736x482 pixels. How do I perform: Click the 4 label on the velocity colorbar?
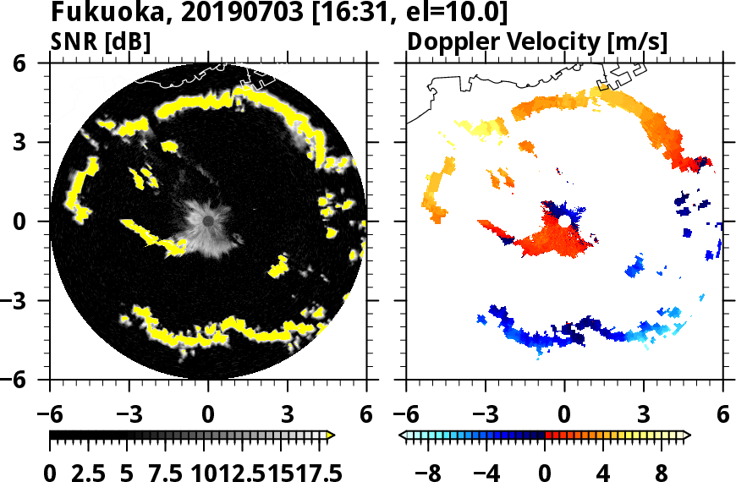[604, 470]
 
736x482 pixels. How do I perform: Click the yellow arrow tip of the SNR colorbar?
[331, 435]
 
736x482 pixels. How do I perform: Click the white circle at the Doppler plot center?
[565, 221]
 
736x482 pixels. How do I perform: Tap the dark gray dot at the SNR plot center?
[208, 221]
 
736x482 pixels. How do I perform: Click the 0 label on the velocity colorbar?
[546, 470]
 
